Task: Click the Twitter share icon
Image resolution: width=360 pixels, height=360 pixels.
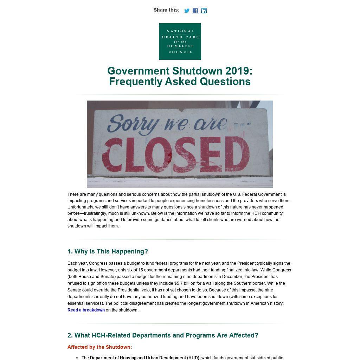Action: click(x=187, y=11)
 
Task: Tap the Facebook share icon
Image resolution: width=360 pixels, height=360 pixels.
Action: click(x=195, y=11)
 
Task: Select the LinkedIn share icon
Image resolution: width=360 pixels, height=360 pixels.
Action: click(x=204, y=11)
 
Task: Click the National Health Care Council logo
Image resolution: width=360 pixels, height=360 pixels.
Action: click(x=180, y=41)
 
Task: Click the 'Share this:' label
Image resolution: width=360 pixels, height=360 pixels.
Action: click(x=166, y=10)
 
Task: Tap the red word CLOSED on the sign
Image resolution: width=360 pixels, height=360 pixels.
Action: click(x=178, y=154)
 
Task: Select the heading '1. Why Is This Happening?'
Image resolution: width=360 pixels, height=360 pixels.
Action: click(x=108, y=251)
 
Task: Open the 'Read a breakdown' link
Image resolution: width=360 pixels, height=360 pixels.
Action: click(x=86, y=310)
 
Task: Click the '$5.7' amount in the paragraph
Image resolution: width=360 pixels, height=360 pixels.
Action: click(x=179, y=283)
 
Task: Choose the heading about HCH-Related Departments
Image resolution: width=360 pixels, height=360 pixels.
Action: click(x=163, y=335)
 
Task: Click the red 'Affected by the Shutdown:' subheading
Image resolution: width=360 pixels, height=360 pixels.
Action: click(x=99, y=347)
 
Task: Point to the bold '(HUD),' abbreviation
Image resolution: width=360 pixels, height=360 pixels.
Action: click(x=194, y=358)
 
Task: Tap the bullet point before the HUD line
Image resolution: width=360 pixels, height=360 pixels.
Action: click(x=77, y=358)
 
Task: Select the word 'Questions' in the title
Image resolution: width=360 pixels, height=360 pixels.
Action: click(x=225, y=82)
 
